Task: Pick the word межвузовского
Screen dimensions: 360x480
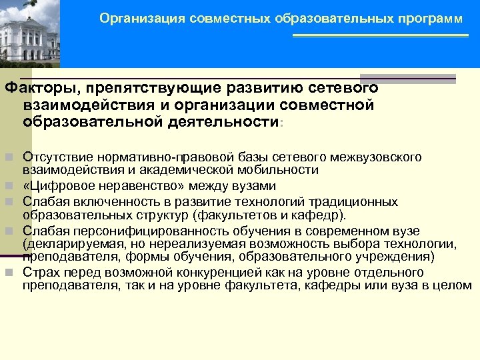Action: tap(381, 157)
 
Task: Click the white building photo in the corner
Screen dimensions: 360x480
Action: tap(29, 33)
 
